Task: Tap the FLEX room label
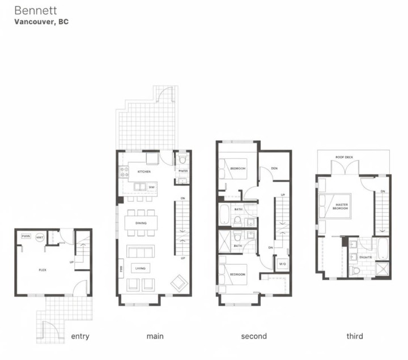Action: (42, 270)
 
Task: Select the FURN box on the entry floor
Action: (25, 236)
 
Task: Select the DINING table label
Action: (141, 223)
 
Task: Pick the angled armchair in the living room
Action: (178, 282)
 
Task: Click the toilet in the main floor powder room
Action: (182, 159)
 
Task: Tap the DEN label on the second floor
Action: (274, 168)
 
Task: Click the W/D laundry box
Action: (282, 264)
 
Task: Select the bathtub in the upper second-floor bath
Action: (224, 215)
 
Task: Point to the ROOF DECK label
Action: (344, 157)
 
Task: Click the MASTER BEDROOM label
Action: (341, 206)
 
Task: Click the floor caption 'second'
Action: (254, 336)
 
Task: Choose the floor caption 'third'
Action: (355, 336)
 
